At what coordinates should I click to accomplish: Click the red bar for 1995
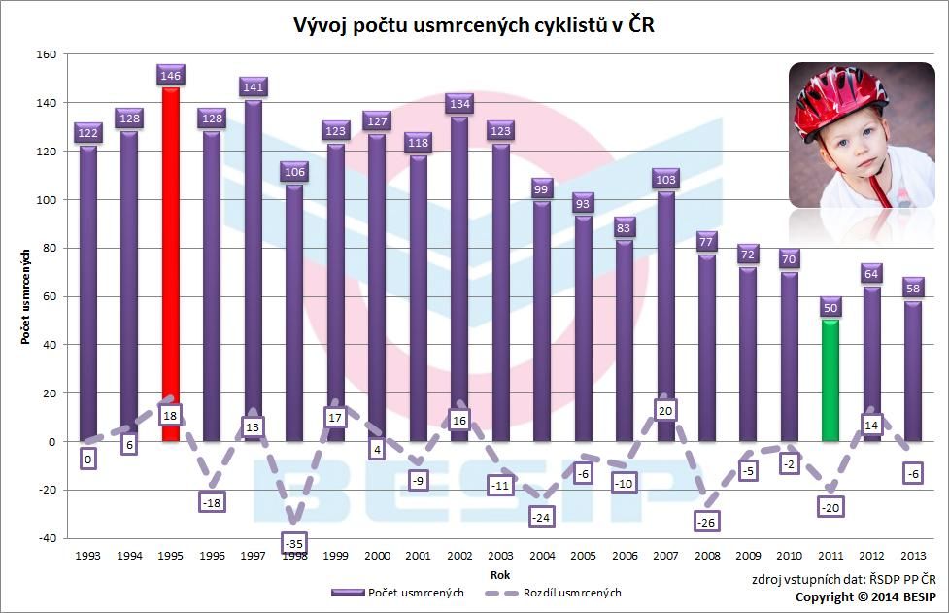(171, 262)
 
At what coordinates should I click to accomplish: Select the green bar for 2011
(830, 379)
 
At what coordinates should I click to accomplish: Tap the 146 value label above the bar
(171, 74)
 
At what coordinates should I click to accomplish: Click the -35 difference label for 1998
(295, 543)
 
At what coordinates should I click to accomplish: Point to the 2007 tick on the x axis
(665, 556)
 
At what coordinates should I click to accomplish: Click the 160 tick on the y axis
(47, 54)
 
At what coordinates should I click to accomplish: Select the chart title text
(474, 25)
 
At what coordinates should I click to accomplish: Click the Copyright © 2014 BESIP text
(867, 597)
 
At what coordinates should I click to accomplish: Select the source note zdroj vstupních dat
(844, 580)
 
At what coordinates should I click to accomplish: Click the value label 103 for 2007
(665, 178)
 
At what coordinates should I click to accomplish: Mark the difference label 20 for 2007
(665, 411)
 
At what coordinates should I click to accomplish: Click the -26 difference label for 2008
(707, 521)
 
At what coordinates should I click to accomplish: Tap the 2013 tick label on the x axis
(914, 556)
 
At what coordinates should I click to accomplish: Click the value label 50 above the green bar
(830, 307)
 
